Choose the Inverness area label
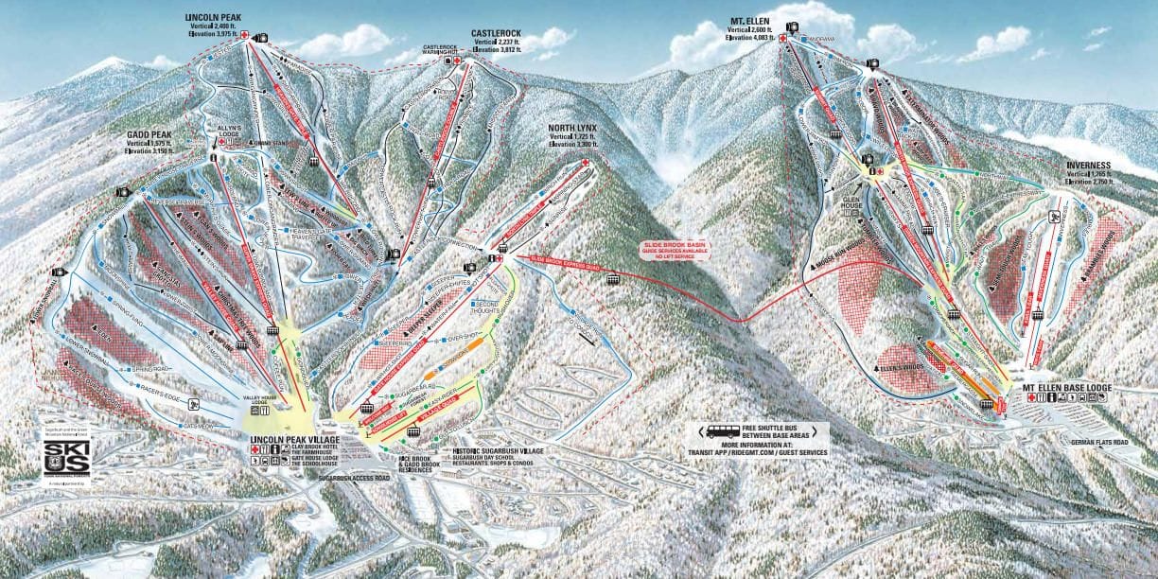[x=1087, y=165]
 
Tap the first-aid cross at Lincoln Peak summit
[x=245, y=36]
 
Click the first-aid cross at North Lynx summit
[x=585, y=163]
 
